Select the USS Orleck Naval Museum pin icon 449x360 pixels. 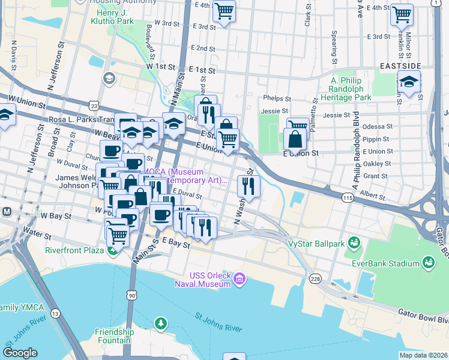pyautogui.click(x=240, y=278)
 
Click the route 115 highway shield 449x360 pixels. pyautogui.click(x=348, y=197)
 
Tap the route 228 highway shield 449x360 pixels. pyautogui.click(x=315, y=279)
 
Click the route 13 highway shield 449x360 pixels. pyautogui.click(x=55, y=313)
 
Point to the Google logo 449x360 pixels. pyautogui.click(x=20, y=353)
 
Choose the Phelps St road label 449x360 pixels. pyautogui.click(x=276, y=99)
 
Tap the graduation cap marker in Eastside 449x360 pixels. pyautogui.click(x=409, y=83)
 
